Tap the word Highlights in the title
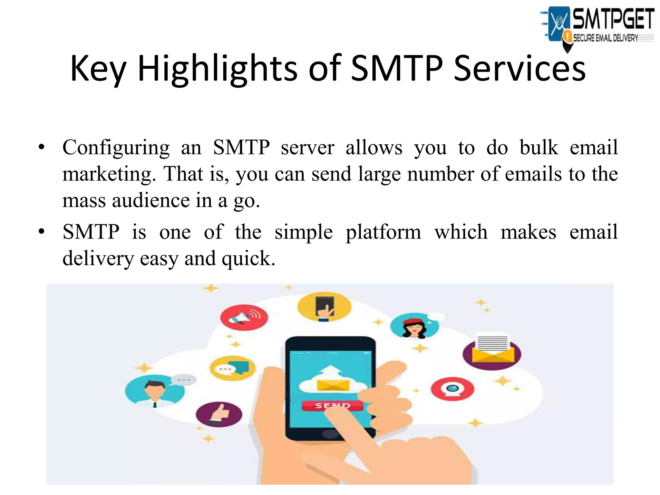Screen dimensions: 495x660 218,68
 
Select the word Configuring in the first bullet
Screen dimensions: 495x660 116,148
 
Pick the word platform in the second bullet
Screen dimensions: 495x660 383,232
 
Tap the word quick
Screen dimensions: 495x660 248,259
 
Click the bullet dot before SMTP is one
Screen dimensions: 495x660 41,231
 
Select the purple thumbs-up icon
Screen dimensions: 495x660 219,414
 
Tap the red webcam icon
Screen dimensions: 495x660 452,389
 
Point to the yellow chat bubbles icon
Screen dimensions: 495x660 232,368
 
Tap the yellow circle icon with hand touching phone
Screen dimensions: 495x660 324,307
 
